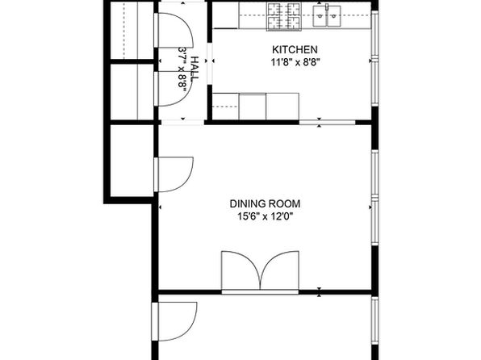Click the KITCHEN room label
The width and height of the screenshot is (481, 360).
point(295,50)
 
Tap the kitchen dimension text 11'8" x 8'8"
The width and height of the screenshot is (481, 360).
point(295,63)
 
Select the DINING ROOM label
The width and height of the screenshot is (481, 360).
point(265,203)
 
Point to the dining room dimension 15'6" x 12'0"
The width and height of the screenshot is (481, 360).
point(266,216)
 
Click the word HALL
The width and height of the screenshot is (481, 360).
point(194,69)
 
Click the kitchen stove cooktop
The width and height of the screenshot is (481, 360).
point(284,17)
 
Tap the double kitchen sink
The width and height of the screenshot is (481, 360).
point(327,16)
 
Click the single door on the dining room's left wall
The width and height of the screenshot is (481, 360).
point(174,174)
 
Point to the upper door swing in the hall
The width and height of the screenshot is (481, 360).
point(174,30)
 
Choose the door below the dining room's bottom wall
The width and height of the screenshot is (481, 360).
point(174,321)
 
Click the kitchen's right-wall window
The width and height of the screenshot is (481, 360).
point(374,58)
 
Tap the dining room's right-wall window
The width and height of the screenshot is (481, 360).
point(374,198)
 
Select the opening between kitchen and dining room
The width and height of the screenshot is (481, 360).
point(327,122)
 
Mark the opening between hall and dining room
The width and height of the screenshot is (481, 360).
point(183,123)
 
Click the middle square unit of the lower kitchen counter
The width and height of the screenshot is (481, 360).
point(253,107)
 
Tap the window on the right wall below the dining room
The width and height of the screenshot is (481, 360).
point(374,320)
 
